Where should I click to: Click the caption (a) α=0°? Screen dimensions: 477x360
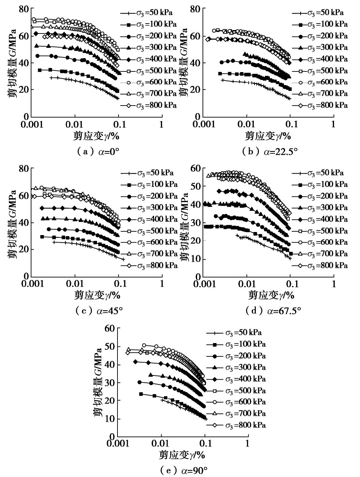coord(96,151)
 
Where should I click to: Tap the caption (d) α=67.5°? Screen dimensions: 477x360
coord(273,311)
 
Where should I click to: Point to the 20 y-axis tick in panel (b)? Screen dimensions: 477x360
coord(195,90)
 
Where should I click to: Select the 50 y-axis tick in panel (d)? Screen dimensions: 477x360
coord(195,186)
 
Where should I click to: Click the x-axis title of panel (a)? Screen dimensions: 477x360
coord(96,136)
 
